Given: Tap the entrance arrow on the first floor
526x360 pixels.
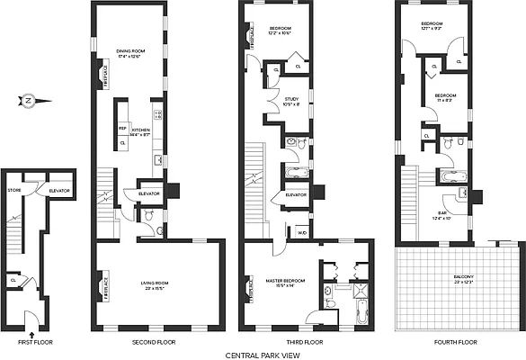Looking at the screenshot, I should point(31,311).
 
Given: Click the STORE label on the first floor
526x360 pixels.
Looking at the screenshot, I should point(14,190).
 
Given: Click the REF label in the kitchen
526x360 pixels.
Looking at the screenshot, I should point(122,129).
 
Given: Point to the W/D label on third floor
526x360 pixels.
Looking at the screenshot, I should point(301,232).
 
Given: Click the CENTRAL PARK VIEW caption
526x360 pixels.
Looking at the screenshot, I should point(262,355).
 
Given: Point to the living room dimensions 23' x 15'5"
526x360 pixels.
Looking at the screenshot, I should point(156,289).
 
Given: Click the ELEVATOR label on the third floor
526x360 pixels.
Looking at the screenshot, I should point(295,194).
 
